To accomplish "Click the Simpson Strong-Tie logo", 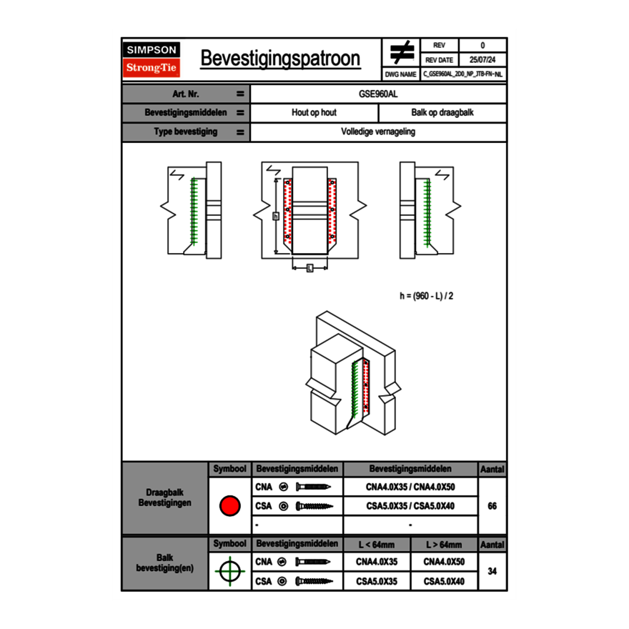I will [152, 59].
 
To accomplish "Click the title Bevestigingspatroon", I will [280, 59].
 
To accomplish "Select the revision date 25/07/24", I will [482, 60].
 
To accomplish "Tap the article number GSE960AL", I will [378, 94].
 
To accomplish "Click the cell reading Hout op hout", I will [314, 113].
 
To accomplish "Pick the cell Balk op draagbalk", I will [442, 113].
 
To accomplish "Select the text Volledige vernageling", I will [378, 132].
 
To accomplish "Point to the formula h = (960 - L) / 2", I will [426, 295].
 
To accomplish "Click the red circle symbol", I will [229, 506].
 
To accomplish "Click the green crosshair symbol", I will [229, 571].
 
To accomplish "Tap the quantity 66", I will [492, 506].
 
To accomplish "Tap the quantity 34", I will [492, 571].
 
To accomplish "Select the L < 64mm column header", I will [377, 545].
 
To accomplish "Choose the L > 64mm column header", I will [444, 545].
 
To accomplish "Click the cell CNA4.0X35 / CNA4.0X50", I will [410, 487].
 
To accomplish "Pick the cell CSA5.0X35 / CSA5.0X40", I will [410, 506].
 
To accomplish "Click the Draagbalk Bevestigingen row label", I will [164, 498].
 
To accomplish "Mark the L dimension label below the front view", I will [309, 268].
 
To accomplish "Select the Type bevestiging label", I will [186, 132].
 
